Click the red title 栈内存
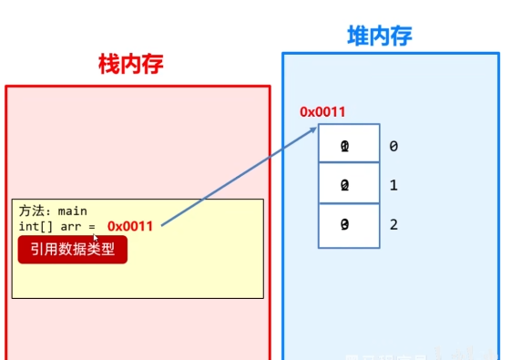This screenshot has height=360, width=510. pos(130,64)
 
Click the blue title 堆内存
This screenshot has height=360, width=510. pos(380,36)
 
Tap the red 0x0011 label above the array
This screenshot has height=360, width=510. pos(322,112)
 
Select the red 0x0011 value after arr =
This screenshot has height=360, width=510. pos(130,225)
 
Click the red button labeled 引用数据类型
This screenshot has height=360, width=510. pos(72,249)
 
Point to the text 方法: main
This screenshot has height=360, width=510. pos(53,211)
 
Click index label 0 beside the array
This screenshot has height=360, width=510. pos(393,146)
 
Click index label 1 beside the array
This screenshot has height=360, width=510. pos(393,185)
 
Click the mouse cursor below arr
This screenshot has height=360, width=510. pos(95,238)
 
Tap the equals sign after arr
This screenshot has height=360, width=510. pos(92,225)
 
